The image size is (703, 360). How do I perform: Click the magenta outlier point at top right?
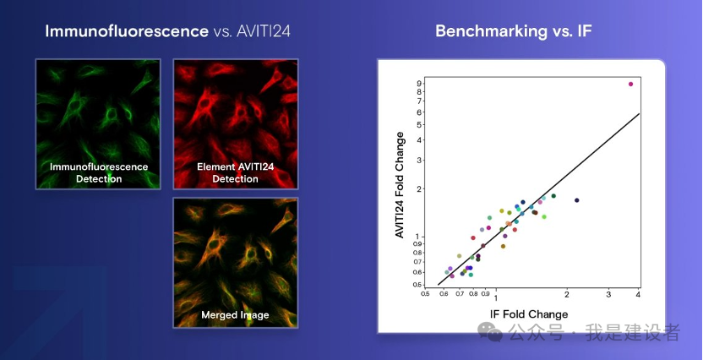point(630,84)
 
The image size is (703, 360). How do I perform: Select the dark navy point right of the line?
point(577,200)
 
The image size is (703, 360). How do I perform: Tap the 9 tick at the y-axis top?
point(419,84)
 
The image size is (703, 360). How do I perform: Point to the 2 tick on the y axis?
point(419,188)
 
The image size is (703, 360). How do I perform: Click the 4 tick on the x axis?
point(638,294)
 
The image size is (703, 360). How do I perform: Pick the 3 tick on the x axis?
point(608,294)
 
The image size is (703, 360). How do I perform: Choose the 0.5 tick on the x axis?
point(426,294)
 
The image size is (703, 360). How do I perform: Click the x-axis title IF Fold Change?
point(529,314)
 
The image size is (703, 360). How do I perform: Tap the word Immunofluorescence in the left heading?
point(127,31)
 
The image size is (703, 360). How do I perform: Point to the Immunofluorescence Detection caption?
point(98,173)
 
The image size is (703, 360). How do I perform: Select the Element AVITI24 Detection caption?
point(235,173)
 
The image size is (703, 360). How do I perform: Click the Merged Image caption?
point(235,315)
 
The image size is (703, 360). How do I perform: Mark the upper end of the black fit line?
point(639,113)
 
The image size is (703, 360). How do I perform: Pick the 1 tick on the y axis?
point(419,236)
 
